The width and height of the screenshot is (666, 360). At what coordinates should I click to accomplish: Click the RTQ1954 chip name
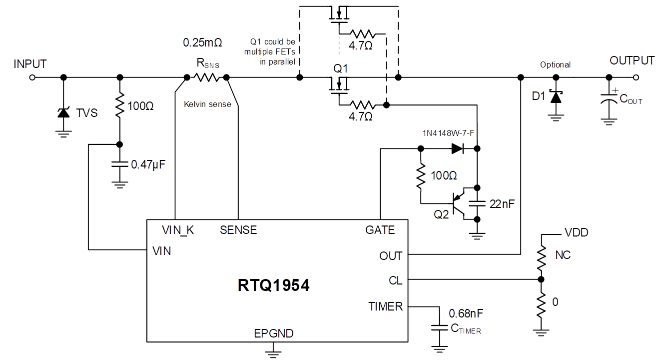coord(273,285)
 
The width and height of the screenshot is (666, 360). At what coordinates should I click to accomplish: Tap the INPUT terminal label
coord(30,64)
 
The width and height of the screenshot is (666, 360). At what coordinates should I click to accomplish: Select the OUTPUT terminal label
coord(632,60)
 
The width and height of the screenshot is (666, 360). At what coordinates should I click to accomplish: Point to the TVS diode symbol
coord(63,113)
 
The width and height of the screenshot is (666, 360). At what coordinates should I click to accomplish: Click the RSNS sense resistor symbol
coord(206,77)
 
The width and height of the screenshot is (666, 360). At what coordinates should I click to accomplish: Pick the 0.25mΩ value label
coord(202,43)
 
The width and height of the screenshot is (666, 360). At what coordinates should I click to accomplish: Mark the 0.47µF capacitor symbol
coord(119,164)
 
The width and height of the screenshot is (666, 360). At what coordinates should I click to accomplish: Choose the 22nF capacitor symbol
coord(478,203)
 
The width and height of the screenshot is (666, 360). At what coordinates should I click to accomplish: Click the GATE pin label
coord(380,230)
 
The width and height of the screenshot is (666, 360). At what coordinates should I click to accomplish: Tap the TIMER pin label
coord(385,306)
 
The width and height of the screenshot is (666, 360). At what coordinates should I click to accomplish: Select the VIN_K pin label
coord(178,230)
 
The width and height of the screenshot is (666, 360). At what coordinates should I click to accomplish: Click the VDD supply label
coord(576,232)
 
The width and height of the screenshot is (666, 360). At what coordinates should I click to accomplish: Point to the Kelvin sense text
coord(207,104)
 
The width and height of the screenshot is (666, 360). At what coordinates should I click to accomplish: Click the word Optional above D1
coord(555,64)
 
